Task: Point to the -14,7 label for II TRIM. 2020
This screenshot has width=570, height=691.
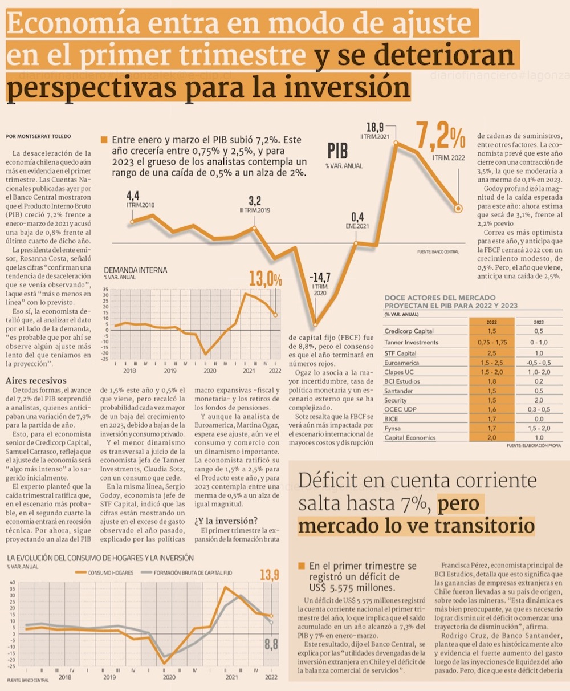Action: click(319, 278)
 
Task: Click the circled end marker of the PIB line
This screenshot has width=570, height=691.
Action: click(458, 209)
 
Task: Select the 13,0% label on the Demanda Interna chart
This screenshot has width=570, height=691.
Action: click(265, 279)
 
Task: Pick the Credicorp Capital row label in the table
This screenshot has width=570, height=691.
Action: click(409, 331)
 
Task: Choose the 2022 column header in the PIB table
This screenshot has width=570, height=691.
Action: click(491, 322)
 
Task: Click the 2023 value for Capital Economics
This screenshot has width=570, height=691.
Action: click(539, 438)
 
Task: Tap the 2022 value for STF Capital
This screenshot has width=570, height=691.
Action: click(491, 353)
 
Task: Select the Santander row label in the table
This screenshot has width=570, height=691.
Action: click(398, 391)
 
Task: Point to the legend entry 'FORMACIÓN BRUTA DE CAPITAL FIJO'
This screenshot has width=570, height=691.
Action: click(193, 572)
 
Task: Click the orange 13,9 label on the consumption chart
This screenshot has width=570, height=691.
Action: click(269, 576)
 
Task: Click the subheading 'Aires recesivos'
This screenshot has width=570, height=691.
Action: click(36, 381)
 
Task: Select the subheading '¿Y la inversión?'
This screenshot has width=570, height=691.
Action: click(226, 520)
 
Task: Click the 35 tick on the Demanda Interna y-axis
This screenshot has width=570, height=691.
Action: click(107, 289)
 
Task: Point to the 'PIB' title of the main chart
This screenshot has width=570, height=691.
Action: click(337, 151)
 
